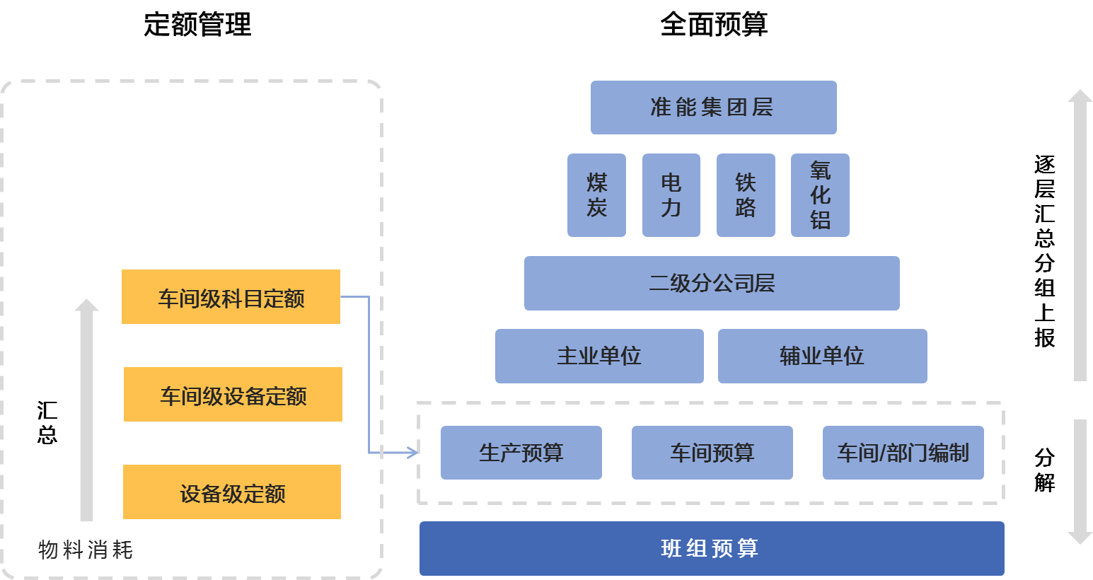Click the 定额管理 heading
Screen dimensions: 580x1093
pos(197,25)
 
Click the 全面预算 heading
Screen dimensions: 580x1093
pos(713,25)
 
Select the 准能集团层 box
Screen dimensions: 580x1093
pos(713,108)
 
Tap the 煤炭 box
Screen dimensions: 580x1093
pos(596,195)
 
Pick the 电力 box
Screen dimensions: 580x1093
pos(671,195)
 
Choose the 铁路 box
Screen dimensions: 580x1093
pos(746,195)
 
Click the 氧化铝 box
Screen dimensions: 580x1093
pos(820,195)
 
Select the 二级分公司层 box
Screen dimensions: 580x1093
pos(712,283)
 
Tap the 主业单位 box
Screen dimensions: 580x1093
pos(599,356)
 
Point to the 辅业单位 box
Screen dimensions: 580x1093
pos(822,356)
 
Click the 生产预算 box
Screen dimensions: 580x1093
pos(521,453)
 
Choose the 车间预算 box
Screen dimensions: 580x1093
pos(712,453)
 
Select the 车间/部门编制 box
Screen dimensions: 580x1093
pos(903,453)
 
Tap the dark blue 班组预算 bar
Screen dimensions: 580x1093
pos(711,548)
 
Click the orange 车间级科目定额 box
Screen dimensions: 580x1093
pos(231,297)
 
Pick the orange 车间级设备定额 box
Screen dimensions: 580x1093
pos(233,395)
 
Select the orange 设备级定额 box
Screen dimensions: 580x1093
pos(232,492)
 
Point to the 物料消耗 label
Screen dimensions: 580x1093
pos(86,550)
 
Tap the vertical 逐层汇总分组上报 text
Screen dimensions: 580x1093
pos(1044,251)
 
